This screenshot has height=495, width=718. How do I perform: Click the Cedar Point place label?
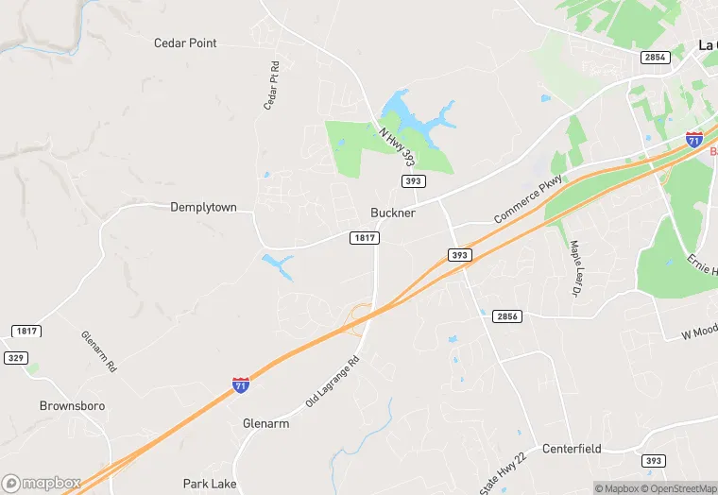(x=185, y=43)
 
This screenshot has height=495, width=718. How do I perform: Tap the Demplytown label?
(x=203, y=207)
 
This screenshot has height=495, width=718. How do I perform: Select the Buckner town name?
(x=393, y=213)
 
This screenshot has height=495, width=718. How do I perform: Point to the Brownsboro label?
(x=72, y=406)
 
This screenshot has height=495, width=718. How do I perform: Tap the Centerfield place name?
(x=572, y=448)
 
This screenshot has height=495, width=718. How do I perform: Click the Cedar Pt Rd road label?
(x=272, y=86)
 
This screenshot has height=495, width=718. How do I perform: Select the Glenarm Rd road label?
(x=97, y=350)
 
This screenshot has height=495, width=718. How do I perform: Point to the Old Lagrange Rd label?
(x=333, y=381)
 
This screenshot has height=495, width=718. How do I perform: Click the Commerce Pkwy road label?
(x=528, y=198)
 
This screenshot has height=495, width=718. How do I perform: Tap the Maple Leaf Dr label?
(x=574, y=267)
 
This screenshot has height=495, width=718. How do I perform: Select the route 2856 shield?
(x=506, y=316)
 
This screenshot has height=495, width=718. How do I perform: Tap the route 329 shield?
(x=15, y=359)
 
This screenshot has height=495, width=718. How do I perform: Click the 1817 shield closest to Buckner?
(x=364, y=238)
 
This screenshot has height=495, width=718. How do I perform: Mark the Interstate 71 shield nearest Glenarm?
(x=241, y=384)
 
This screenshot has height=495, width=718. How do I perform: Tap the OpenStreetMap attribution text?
(x=677, y=488)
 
